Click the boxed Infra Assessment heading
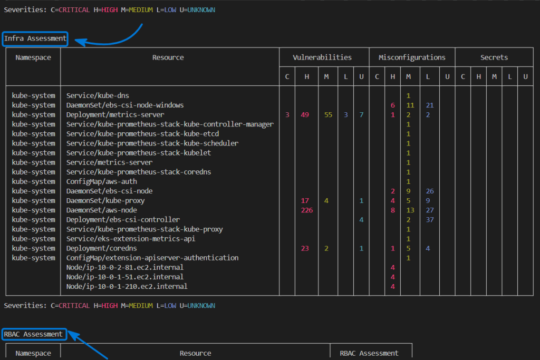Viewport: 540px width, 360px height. pos(35,38)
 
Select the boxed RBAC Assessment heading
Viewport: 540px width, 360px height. pos(34,334)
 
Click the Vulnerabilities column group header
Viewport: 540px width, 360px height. pos(322,57)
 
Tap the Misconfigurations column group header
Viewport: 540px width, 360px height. pos(412,57)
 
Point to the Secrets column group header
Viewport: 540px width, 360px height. pos(494,57)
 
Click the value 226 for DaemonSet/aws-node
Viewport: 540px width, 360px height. pos(307,210)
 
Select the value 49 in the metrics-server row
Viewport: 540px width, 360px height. pos(305,114)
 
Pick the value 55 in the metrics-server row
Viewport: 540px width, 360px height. pos(328,114)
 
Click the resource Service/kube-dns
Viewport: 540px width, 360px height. pos(98,96)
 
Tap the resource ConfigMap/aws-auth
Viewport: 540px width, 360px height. pos(102,181)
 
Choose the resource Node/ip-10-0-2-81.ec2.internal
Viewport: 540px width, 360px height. pos(125,267)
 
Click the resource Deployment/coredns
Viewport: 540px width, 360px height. pos(102,248)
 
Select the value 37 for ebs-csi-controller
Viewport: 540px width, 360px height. pos(430,220)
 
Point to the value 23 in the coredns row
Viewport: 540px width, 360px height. pos(305,248)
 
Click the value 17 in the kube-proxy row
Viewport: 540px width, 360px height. pos(305,201)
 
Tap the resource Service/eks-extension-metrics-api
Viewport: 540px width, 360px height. pos(131,239)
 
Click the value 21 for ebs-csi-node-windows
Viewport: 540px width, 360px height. pos(430,105)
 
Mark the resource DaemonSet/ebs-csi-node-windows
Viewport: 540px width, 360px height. pos(125,105)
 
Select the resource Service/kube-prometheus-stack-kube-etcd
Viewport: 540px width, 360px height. pos(142,134)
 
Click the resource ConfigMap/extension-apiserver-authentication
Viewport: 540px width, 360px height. pos(152,258)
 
